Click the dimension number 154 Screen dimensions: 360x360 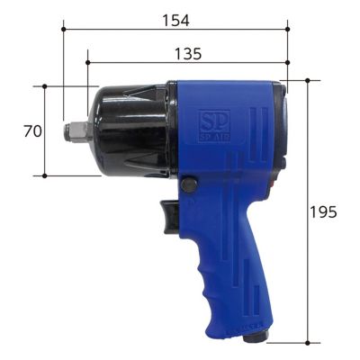coord(176,16)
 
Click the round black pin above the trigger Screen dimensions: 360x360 coord(188,184)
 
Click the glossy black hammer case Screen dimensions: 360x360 coord(130,130)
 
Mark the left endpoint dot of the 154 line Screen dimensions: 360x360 coord(64,28)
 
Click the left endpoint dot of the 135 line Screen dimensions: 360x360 coord(87,63)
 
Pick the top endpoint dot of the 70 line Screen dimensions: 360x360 coord(44,86)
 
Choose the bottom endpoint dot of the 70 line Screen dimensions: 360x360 coord(44,175)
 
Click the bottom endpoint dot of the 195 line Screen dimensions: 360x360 coord(307,343)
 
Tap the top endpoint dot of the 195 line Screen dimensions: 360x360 coord(307,80)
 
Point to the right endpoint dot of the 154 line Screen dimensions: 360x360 coord(288,28)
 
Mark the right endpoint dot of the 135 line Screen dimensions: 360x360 coord(288,63)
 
